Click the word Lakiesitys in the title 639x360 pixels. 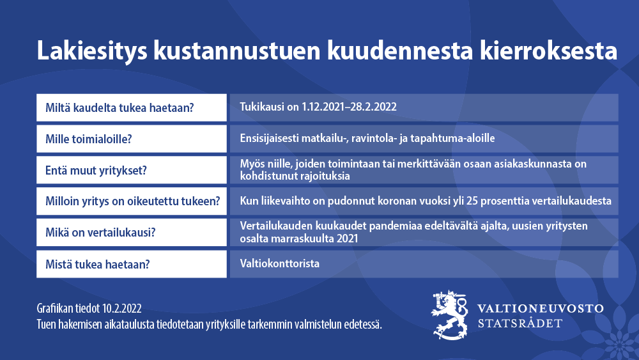(92, 51)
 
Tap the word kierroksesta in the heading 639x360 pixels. (548, 50)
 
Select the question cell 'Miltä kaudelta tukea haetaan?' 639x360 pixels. (132, 107)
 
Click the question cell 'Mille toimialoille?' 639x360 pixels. (132, 139)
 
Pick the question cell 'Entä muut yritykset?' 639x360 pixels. (132, 170)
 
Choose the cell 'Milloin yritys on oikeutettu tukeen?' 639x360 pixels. (132, 201)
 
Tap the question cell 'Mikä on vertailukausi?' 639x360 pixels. (132, 232)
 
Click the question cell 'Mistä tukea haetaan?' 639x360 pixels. (132, 264)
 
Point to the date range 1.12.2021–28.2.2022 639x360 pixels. (349, 107)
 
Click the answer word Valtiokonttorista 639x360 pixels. (280, 263)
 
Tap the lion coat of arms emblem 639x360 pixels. (450, 315)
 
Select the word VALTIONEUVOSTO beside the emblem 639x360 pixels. (541, 308)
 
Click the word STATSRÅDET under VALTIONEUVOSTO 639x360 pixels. (520, 324)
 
